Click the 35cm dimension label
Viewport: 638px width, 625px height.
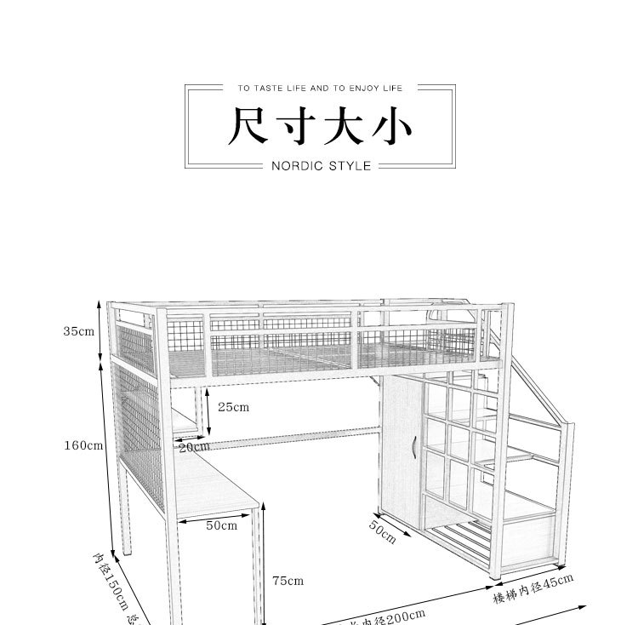point(78,331)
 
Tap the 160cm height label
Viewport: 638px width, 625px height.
point(83,444)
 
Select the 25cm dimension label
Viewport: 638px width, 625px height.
point(233,407)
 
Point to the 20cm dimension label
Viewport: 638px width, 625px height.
point(194,447)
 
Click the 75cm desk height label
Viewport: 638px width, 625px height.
point(288,581)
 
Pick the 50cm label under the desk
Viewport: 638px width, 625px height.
point(221,525)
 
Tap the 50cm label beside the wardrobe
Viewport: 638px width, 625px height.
point(382,531)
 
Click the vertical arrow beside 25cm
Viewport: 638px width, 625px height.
point(207,409)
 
